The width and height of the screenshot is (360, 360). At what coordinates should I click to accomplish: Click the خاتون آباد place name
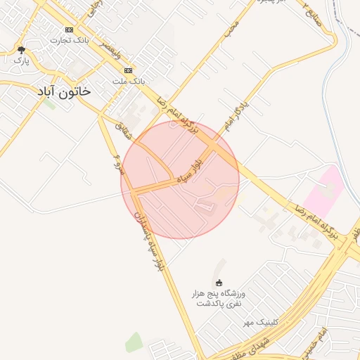pos(64,91)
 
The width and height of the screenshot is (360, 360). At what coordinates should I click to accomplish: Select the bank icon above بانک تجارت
pos(68,30)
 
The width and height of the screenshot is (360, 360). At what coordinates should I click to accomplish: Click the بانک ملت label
pos(129,81)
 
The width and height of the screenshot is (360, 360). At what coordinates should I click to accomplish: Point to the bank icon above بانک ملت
pos(129,71)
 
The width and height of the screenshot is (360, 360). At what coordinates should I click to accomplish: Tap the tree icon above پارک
pos(21,50)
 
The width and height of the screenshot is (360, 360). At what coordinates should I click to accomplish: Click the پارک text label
pos(20,60)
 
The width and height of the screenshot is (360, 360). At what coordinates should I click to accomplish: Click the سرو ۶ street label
pos(118,161)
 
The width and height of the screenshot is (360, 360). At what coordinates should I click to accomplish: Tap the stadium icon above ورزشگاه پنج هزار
pos(218,282)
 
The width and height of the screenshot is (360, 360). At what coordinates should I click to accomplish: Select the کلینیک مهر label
pos(257,322)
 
